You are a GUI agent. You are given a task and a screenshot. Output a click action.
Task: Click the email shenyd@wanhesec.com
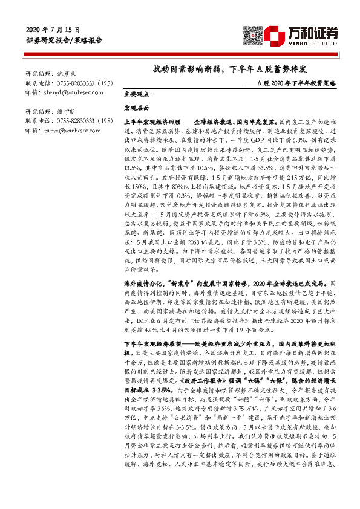(65, 92)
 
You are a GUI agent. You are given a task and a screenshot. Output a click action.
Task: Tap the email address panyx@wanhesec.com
(64, 131)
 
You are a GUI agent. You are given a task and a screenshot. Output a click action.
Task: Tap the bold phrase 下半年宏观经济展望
(151, 343)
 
